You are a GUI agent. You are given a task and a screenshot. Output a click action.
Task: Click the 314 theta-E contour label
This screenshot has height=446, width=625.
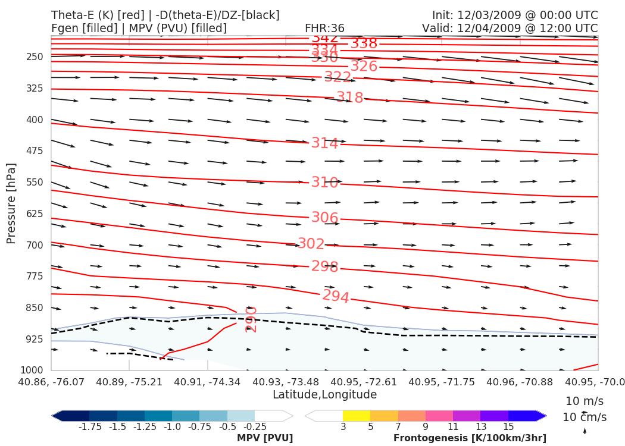pyautogui.click(x=324, y=143)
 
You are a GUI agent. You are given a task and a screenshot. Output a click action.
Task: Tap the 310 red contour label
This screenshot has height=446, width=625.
pyautogui.click(x=324, y=183)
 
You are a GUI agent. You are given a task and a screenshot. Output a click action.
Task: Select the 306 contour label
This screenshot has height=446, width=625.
pyautogui.click(x=324, y=218)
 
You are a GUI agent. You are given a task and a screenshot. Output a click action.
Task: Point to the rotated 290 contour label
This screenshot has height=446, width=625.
pyautogui.click(x=251, y=319)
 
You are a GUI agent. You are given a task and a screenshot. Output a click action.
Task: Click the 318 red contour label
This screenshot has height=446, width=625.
pyautogui.click(x=349, y=98)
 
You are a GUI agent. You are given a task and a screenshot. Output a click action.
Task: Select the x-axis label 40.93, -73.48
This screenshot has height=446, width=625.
pyautogui.click(x=286, y=382)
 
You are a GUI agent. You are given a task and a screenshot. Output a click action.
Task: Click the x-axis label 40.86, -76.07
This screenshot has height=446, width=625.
pyautogui.click(x=51, y=382)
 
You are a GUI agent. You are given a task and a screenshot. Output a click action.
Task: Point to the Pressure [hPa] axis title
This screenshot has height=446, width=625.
pyautogui.click(x=11, y=203)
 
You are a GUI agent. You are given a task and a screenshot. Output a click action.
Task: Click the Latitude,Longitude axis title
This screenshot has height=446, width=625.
pyautogui.click(x=324, y=395)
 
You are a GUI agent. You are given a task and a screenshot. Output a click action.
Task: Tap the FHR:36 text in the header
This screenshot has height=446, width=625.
pyautogui.click(x=324, y=28)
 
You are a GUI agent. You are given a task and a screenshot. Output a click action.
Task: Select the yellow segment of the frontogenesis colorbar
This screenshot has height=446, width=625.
pyautogui.click(x=357, y=416)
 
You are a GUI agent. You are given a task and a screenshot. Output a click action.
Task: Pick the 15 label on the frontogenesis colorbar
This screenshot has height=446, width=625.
pyautogui.click(x=508, y=427)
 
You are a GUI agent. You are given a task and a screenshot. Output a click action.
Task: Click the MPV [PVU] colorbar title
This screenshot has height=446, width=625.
pyautogui.click(x=265, y=438)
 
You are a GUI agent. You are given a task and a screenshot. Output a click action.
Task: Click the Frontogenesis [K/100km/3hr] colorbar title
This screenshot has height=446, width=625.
pyautogui.click(x=470, y=438)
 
